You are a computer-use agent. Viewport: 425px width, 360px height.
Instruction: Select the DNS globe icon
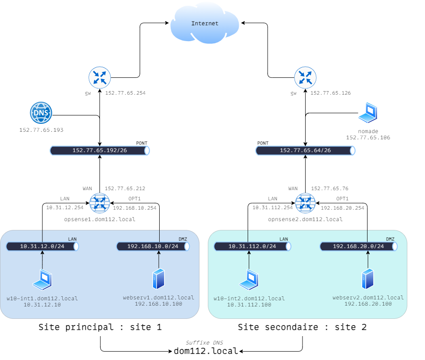(x=41, y=113)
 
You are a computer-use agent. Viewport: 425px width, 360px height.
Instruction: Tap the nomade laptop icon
(x=368, y=113)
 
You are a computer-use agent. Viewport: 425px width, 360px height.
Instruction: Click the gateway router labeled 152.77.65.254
(x=100, y=78)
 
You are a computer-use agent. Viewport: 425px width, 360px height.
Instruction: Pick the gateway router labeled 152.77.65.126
(x=306, y=78)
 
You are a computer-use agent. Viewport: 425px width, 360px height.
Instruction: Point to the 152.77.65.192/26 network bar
(x=100, y=150)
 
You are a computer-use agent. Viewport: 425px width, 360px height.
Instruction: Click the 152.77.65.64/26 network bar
(x=306, y=150)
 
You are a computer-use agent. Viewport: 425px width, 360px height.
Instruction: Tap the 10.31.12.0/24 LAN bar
(x=42, y=246)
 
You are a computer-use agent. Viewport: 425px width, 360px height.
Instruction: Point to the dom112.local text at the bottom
(x=205, y=351)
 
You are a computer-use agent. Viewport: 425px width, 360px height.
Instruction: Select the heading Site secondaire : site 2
(x=302, y=328)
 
